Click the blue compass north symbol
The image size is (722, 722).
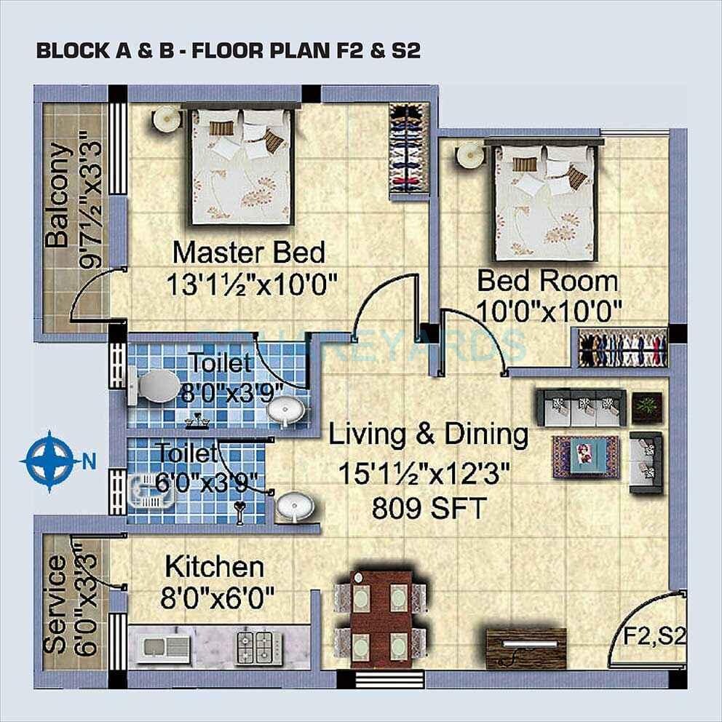(49, 460)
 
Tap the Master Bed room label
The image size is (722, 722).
(248, 253)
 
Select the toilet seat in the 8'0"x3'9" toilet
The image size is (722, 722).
(154, 386)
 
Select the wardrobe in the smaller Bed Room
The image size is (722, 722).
(622, 348)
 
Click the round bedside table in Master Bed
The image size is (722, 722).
(166, 118)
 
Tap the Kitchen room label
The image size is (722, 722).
(214, 566)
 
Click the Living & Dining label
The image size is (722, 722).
(428, 435)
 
